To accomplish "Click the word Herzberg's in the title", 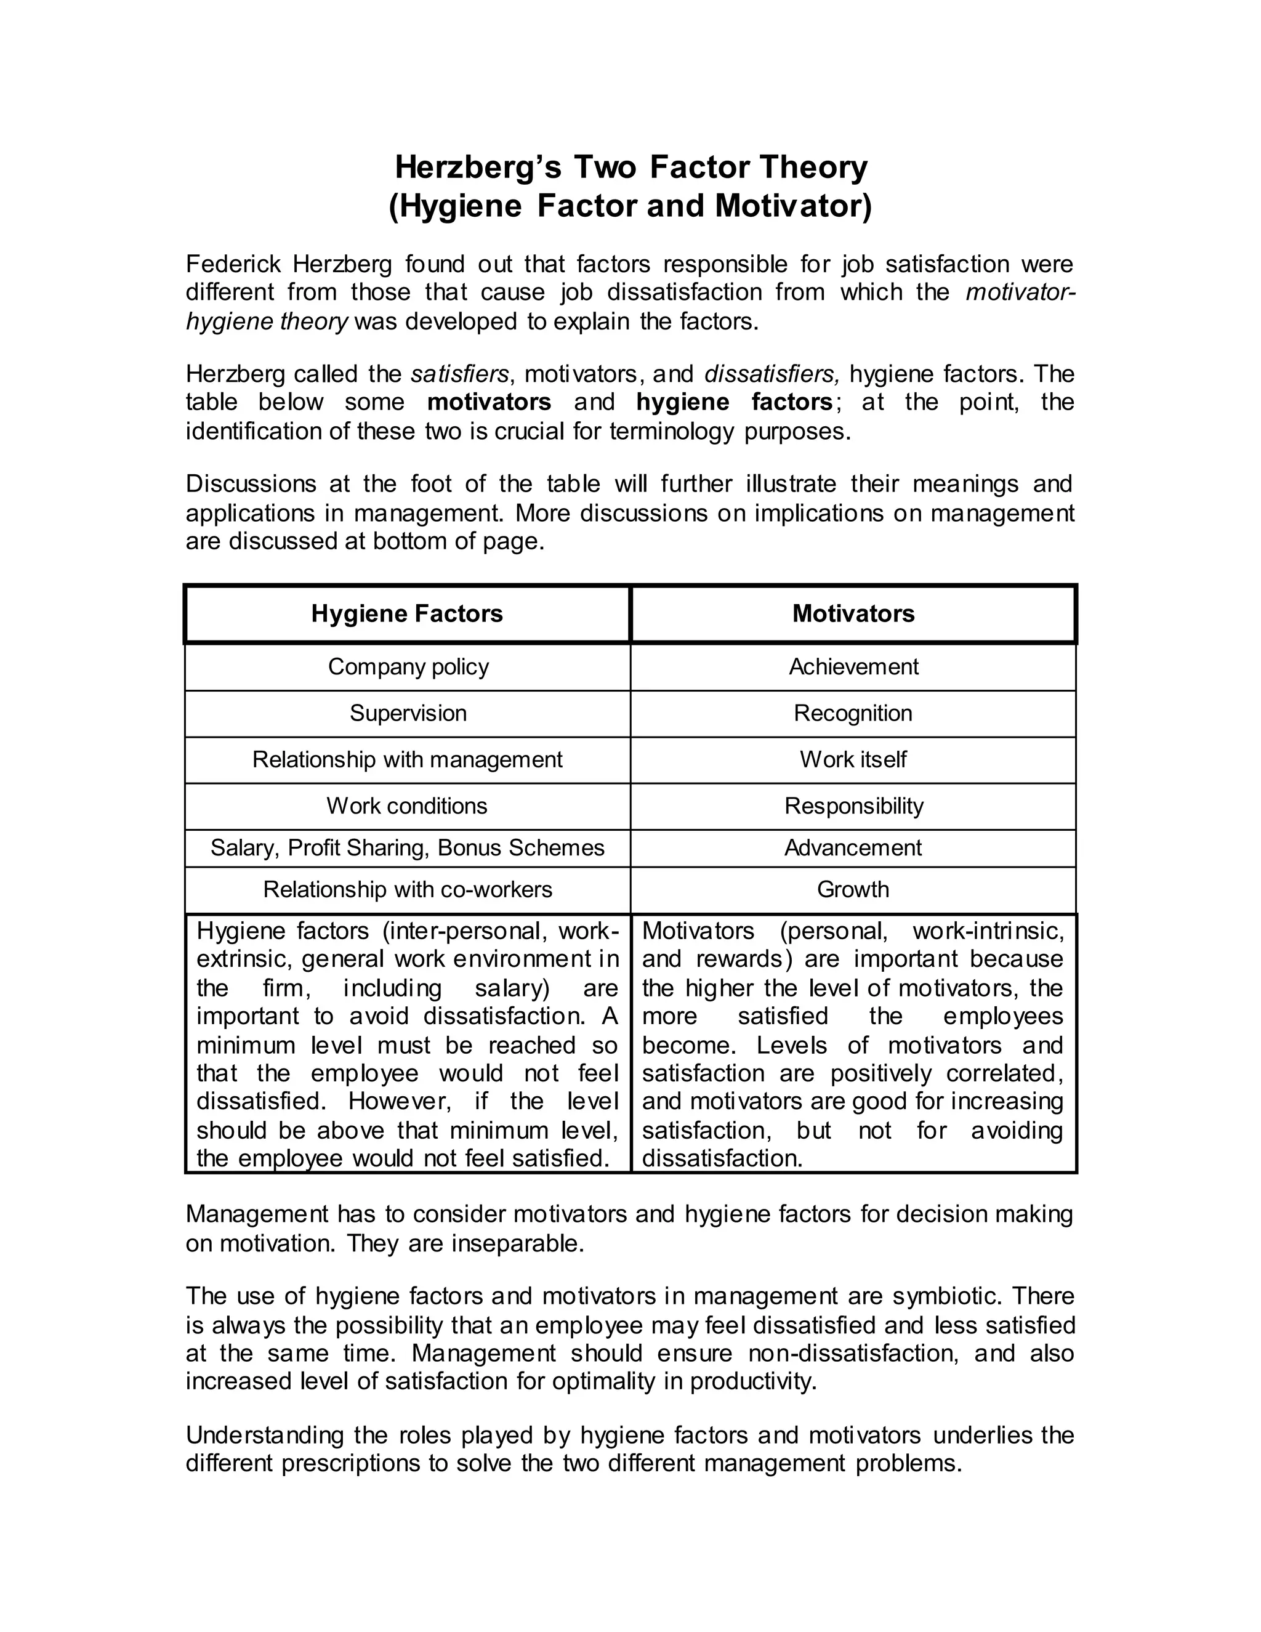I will pos(477,167).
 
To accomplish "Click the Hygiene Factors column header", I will pos(407,613).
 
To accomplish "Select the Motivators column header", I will pos(853,613).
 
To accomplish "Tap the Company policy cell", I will pos(408,666).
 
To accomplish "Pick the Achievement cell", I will pos(853,666).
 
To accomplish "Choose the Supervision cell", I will pos(408,713).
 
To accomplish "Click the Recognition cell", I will pos(853,713).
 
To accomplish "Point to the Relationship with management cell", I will pos(407,759).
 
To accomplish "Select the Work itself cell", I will pos(853,759).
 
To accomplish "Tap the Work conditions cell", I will pos(407,806).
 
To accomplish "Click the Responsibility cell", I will pos(853,806).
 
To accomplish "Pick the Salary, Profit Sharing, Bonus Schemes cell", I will pos(407,847).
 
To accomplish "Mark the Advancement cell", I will pos(853,847).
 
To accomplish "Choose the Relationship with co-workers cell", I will pos(407,889).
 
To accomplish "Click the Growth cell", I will pos(853,889).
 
